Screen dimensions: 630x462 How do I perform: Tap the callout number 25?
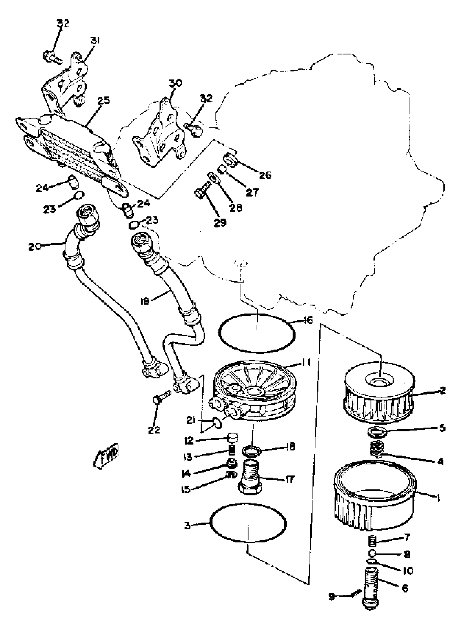coord(104,101)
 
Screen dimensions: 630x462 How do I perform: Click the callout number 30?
coord(175,83)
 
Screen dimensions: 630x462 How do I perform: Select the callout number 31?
coord(95,41)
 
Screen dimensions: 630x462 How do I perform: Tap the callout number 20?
coord(35,247)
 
